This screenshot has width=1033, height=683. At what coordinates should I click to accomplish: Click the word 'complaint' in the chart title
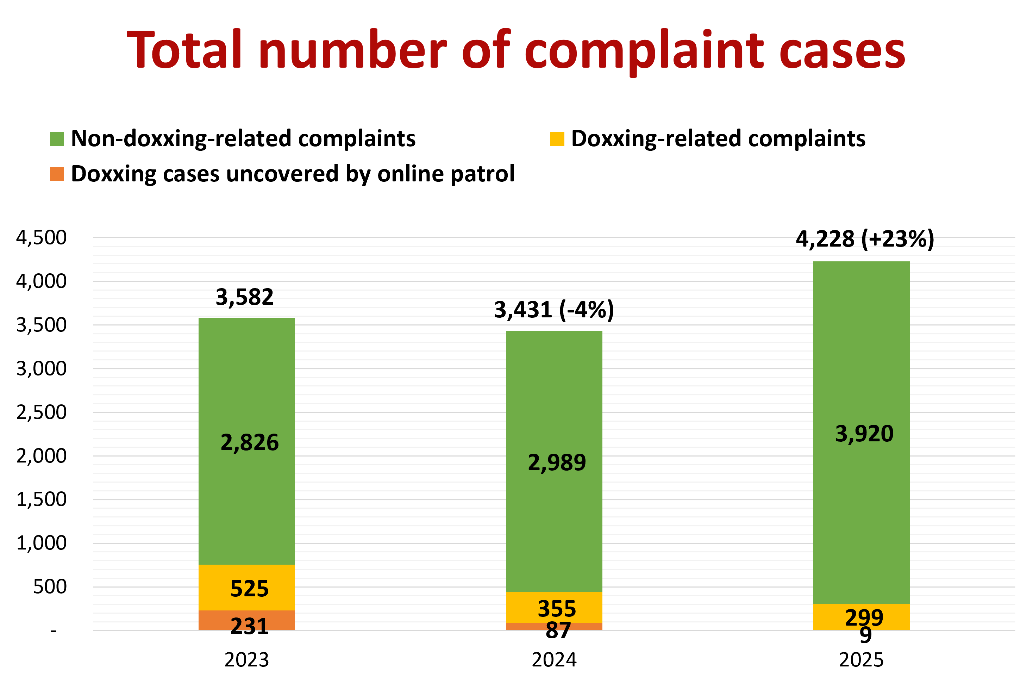tap(644, 51)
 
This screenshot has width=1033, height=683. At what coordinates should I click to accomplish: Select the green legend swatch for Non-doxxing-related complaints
tap(57, 139)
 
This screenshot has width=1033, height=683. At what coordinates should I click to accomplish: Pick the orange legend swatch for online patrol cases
tap(57, 174)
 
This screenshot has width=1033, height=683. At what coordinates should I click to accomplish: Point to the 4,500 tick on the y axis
tap(41, 238)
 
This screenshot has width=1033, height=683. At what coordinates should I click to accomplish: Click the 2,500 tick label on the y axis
tap(41, 412)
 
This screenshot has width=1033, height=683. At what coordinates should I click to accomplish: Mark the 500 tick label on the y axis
tap(50, 587)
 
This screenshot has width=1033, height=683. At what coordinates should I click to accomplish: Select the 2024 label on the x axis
tap(554, 660)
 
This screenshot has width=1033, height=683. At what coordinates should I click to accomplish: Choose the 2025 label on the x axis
tap(861, 660)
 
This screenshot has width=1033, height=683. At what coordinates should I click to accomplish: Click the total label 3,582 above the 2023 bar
tap(245, 297)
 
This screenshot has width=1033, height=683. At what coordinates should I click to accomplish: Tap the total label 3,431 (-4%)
tap(554, 310)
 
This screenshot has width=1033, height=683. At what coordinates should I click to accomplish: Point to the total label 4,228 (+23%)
tap(865, 239)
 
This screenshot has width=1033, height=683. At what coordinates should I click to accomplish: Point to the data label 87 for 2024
tap(558, 630)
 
